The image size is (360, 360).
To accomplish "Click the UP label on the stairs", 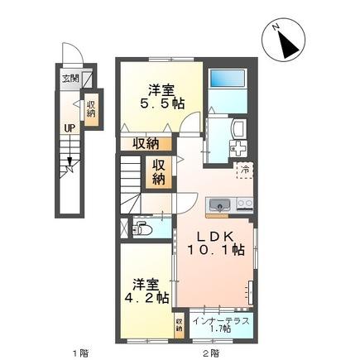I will tap(70, 128).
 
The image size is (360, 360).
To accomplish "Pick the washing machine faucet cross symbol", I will tap(239, 152).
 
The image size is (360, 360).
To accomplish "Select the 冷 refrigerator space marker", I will tap(245, 170).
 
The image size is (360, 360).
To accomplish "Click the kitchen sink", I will tap(221, 204).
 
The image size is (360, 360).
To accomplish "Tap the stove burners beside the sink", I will tap(243, 204).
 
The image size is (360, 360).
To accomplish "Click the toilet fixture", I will tap(143, 228).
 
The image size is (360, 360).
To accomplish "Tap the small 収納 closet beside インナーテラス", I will tap(180, 324).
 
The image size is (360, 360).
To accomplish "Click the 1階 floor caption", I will tap(79, 353).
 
